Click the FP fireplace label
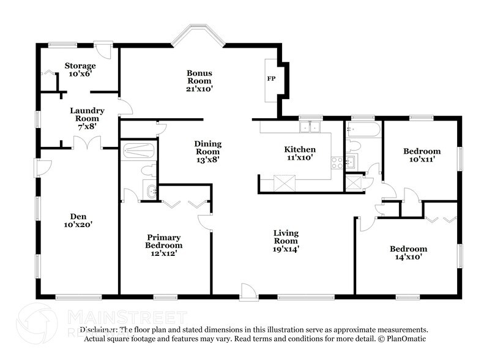coord(271,78)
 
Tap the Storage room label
coord(80,66)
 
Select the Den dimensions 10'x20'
coord(78,225)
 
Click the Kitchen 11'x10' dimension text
coord(300,157)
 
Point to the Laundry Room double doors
coord(87,142)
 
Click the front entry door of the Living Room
coord(248,292)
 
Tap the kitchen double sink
coord(310,127)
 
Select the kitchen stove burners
coord(337,163)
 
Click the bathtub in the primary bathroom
coord(138,151)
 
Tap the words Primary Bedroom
coord(164,241)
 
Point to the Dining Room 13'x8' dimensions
coord(207,160)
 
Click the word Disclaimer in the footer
coord(99,329)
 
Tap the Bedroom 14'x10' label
coord(409,253)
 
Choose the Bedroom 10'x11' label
coord(422,155)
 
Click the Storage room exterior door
coord(103,49)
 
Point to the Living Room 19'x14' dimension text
coord(286,249)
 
